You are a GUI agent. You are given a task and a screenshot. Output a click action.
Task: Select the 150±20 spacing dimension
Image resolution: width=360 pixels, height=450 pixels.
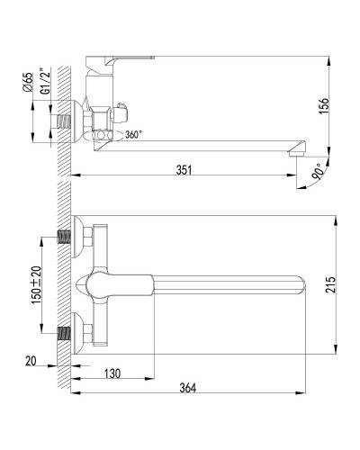[35, 283]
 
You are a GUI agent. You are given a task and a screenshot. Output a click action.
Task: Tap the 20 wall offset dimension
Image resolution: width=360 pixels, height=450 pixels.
[31, 362]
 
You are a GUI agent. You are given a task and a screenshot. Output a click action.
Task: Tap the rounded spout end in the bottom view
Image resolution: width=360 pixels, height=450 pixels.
[302, 283]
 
